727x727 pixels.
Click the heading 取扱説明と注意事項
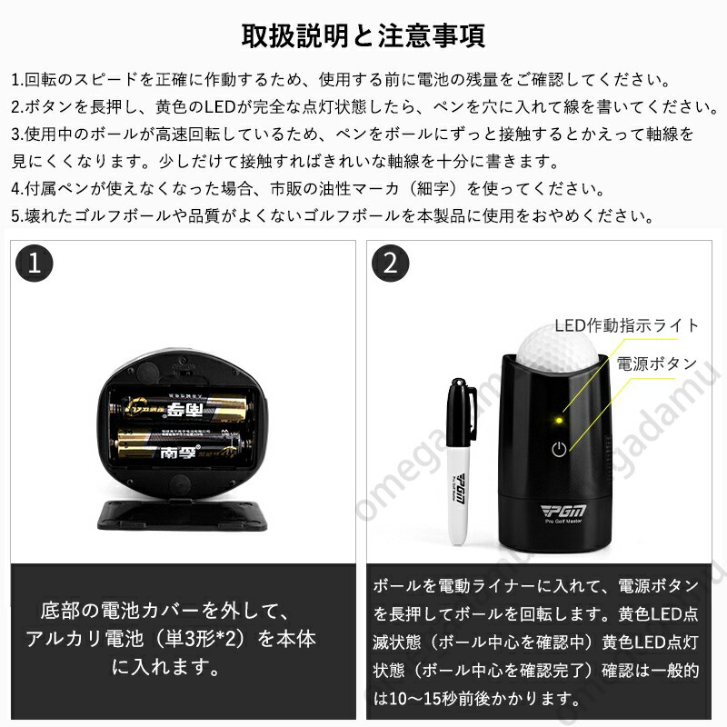pos(363,35)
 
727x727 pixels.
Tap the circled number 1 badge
pos(35,263)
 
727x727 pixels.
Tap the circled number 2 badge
pos(391,263)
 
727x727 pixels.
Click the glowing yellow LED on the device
pos(559,421)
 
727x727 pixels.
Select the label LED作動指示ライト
pos(626,325)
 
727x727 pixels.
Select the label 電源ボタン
pos(656,363)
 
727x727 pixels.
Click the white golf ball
pos(555,349)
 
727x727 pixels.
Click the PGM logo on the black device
pos(563,511)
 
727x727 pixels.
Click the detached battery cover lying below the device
pos(183,515)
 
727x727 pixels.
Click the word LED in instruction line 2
pos(221,107)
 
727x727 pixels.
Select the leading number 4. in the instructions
pos(17,189)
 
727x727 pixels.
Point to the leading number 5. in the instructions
pos(17,215)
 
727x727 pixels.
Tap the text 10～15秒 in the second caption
pos(423,698)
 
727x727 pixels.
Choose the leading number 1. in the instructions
pos(17,80)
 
